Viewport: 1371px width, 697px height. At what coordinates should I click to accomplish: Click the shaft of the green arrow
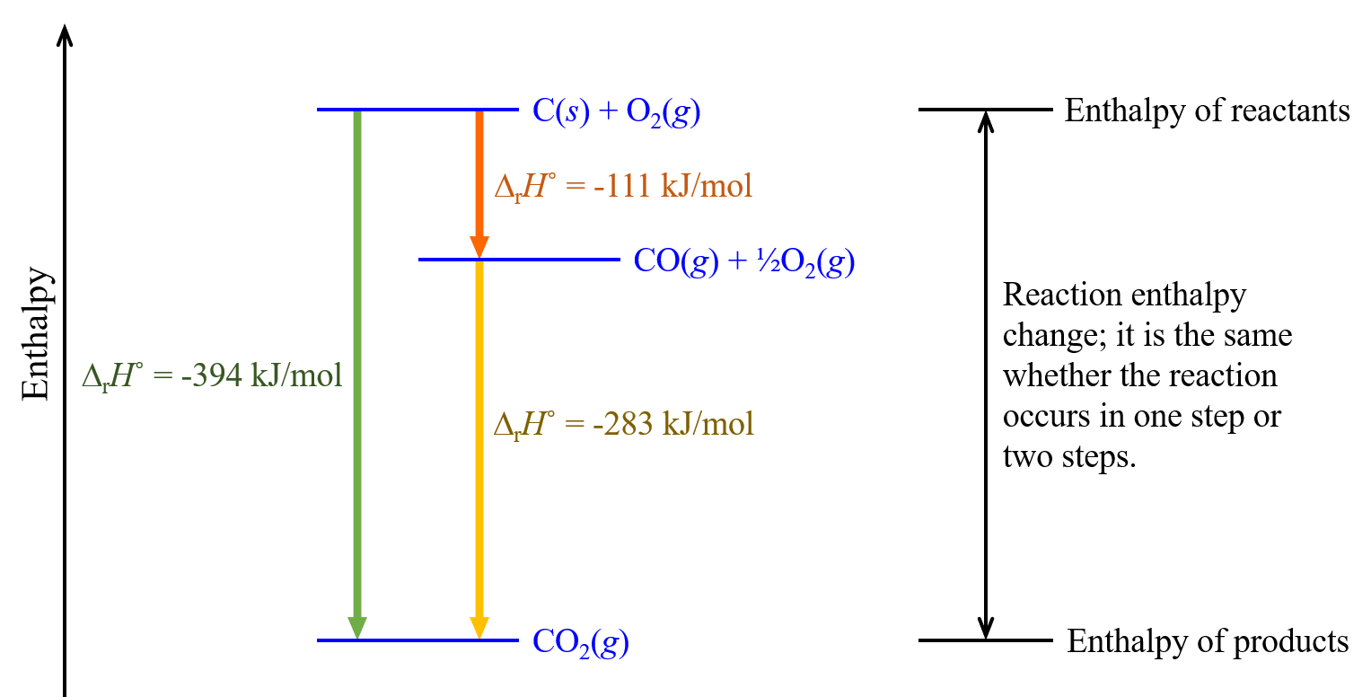(357, 359)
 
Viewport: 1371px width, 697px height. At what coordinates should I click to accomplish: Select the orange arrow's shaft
(479, 171)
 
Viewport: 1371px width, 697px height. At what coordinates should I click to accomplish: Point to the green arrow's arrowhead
(357, 628)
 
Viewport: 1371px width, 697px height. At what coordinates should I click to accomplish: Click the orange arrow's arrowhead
(479, 247)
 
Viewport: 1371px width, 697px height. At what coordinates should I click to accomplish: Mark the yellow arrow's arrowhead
(479, 628)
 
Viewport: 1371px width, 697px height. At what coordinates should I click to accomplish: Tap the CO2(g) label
(580, 642)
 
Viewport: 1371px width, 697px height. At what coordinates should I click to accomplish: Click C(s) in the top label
(560, 111)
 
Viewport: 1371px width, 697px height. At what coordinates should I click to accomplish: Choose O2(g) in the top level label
(663, 112)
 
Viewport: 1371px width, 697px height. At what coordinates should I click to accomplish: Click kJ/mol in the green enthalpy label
(296, 375)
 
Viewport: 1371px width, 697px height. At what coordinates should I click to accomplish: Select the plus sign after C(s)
(608, 111)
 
